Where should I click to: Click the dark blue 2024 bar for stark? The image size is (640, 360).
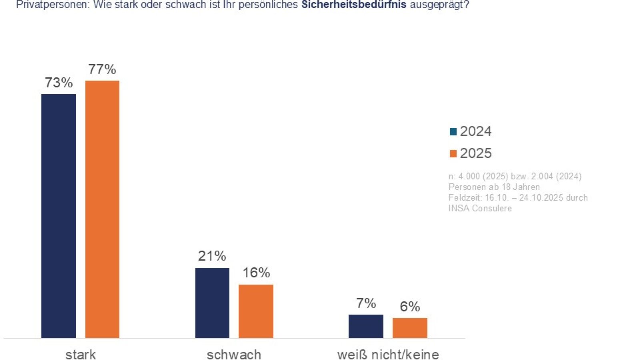coord(58,216)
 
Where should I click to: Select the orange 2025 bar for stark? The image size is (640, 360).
coord(102,209)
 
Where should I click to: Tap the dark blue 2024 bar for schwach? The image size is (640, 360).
coord(212,303)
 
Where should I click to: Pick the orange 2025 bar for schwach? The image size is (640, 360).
coord(256,311)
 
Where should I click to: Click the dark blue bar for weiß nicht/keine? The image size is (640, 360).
coord(366,326)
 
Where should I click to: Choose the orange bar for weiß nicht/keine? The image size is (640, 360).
coord(410,328)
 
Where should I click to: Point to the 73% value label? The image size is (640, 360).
coord(58,83)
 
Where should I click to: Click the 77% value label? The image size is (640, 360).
coord(102,70)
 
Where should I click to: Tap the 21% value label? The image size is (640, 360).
coord(212,256)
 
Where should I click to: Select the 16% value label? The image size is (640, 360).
coord(256,273)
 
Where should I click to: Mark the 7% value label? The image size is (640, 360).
coord(366,303)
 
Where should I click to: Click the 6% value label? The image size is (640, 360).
coord(410,307)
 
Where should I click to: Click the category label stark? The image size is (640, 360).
coord(80,354)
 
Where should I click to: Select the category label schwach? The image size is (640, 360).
coord(234,354)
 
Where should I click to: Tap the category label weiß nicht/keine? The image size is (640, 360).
coord(388,354)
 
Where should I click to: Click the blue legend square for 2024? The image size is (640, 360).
coord(453,132)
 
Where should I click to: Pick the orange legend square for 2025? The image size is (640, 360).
coord(453,154)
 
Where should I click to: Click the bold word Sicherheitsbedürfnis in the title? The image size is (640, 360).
coord(354,5)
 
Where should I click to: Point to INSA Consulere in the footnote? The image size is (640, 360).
coord(480,208)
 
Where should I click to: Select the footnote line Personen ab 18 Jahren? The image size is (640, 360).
coord(494,187)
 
